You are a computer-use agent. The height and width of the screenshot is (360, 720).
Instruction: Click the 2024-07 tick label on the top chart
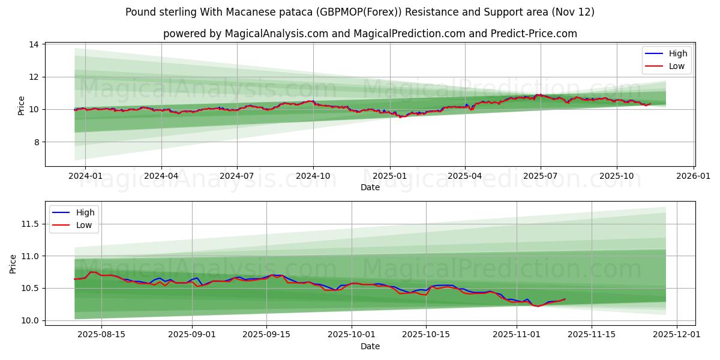[x=236, y=176]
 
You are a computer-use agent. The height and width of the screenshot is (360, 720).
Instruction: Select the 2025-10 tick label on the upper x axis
[x=617, y=176]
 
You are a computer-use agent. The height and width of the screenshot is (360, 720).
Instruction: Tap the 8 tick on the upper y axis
[x=36, y=142]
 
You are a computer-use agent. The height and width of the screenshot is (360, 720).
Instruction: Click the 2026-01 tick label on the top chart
[x=694, y=176]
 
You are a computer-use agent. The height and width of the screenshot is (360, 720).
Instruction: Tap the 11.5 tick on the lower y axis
[x=30, y=224]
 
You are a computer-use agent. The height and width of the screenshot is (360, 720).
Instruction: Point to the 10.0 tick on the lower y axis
[x=30, y=320]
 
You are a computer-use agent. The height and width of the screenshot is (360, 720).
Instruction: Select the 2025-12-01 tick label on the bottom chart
[x=677, y=335]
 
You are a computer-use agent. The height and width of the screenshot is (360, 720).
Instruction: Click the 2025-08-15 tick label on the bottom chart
[x=101, y=335]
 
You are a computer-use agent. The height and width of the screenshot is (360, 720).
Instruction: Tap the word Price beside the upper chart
[x=22, y=106]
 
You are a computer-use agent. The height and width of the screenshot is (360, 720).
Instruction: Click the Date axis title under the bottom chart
[x=370, y=346]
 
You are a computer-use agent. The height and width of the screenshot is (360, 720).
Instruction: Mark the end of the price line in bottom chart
[x=565, y=299]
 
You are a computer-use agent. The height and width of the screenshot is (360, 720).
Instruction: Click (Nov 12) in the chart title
[x=574, y=12]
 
